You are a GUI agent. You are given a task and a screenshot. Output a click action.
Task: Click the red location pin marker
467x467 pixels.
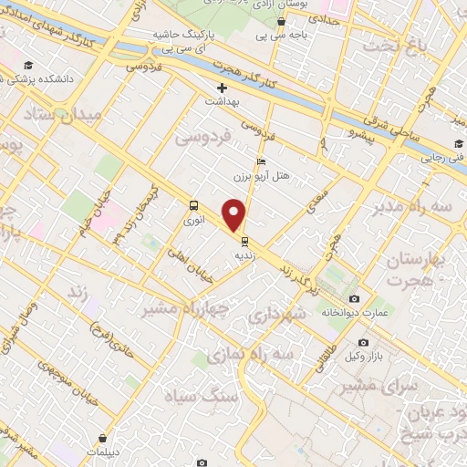(x=235, y=216)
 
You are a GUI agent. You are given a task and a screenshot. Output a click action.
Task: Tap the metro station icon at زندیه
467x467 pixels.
(x=244, y=242)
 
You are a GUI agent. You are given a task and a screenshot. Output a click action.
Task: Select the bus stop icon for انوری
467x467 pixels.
(x=192, y=205)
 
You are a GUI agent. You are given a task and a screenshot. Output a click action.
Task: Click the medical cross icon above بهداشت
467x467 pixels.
(x=222, y=88)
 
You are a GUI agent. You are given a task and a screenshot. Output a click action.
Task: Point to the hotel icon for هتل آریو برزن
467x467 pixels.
(x=263, y=161)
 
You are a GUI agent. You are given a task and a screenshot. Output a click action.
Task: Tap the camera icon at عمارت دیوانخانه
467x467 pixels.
(x=355, y=298)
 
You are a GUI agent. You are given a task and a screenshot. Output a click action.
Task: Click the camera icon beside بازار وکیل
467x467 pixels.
(x=363, y=343)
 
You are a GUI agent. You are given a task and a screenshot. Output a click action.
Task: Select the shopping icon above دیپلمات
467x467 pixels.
(x=113, y=439)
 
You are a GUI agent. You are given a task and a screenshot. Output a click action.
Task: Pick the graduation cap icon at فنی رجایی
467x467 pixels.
(x=459, y=144)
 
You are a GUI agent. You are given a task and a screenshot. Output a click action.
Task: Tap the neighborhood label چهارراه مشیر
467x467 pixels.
(x=181, y=308)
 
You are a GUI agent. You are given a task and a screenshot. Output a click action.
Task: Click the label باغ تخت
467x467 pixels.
(x=392, y=44)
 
